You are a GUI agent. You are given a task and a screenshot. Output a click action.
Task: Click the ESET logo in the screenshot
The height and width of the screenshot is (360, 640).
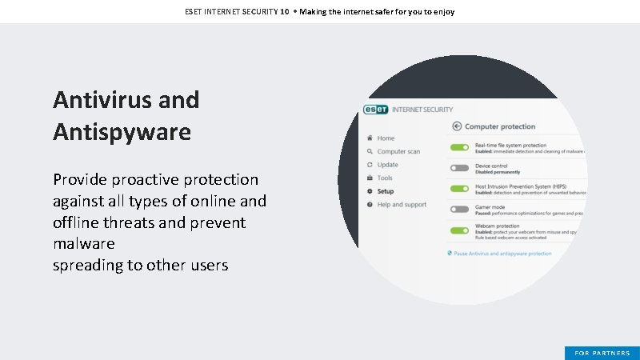click(x=376, y=110)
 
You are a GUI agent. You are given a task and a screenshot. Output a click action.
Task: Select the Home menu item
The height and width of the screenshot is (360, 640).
click(x=386, y=138)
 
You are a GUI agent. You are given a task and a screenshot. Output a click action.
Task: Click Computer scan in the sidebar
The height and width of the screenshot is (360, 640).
click(x=398, y=151)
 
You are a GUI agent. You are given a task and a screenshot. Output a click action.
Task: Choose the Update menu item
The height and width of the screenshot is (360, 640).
click(x=387, y=165)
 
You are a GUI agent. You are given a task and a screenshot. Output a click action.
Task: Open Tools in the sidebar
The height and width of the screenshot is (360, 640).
click(x=385, y=178)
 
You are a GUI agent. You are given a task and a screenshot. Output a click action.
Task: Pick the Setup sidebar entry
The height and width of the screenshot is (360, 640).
click(x=386, y=191)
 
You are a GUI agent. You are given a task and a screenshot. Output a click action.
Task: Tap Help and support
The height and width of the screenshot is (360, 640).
click(x=402, y=205)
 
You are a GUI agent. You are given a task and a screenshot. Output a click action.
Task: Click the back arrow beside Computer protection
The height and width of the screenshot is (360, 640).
click(x=457, y=126)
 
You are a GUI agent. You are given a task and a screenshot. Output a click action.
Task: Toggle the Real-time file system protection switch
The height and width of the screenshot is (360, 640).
click(x=459, y=147)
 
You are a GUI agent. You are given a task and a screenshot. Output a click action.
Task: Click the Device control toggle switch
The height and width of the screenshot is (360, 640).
click(x=459, y=168)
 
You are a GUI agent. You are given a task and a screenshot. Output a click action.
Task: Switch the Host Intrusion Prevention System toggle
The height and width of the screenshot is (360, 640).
click(x=459, y=189)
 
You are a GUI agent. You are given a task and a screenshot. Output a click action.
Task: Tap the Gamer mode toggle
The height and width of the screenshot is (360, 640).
click(x=459, y=210)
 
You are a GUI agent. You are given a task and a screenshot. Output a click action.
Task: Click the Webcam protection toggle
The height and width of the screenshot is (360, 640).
click(x=459, y=230)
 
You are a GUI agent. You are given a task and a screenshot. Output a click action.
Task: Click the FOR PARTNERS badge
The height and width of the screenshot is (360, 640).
click(x=602, y=353)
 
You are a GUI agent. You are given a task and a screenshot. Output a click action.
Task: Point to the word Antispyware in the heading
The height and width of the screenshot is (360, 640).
click(x=122, y=131)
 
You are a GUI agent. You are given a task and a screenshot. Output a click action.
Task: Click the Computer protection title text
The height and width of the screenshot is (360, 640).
click(x=500, y=126)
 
